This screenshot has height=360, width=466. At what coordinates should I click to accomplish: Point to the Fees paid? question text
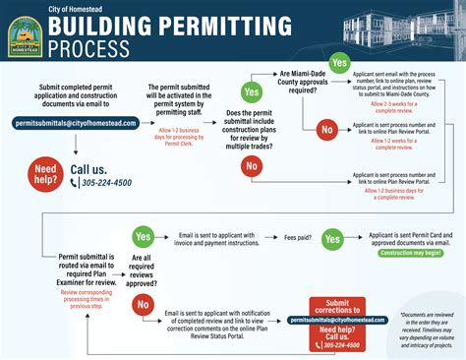[x=305, y=237]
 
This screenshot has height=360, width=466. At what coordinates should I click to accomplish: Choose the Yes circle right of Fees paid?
[x=332, y=238]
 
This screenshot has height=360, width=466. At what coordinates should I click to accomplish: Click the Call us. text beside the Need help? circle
[x=93, y=169]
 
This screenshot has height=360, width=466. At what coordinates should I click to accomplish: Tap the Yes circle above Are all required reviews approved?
[x=144, y=237]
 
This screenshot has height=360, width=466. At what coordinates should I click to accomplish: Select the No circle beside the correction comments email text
[x=143, y=307]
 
